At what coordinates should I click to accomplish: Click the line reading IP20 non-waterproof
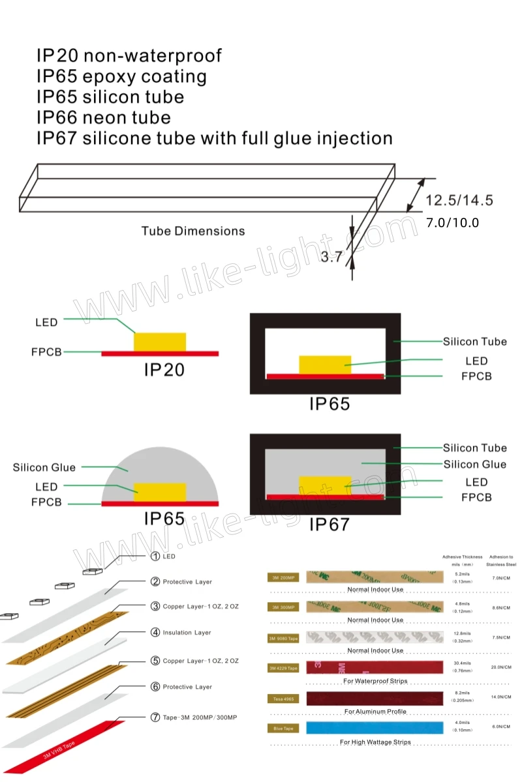(x=129, y=55)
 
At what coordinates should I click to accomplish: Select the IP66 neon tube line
(x=103, y=117)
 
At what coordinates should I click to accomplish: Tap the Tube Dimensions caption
(x=193, y=231)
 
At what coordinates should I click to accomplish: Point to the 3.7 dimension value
(x=331, y=257)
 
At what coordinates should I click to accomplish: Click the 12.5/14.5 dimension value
(x=459, y=200)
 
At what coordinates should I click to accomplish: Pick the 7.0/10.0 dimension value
(x=452, y=223)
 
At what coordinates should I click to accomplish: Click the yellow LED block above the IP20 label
(x=160, y=341)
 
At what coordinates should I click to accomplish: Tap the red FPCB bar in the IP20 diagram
(x=160, y=353)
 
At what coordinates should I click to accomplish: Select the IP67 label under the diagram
(x=329, y=524)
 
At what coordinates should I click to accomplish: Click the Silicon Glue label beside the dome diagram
(x=44, y=467)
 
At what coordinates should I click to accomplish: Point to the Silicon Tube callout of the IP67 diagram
(x=474, y=448)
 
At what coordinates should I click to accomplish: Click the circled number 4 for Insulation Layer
(x=155, y=632)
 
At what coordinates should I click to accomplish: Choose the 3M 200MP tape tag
(x=283, y=577)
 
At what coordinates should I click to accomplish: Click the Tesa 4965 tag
(x=283, y=699)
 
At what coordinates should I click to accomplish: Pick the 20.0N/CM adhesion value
(x=500, y=667)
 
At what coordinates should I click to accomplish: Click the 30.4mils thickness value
(x=462, y=663)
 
